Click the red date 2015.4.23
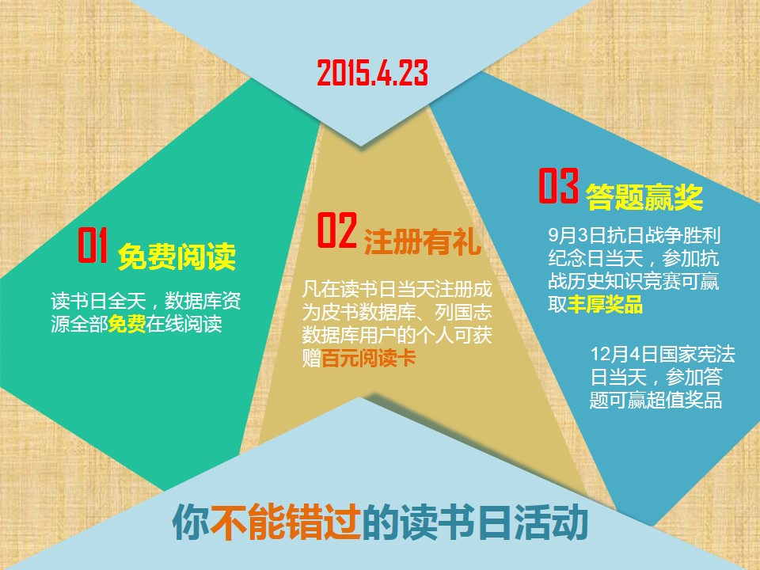tap(373, 73)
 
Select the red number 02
tap(337, 230)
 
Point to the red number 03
tap(558, 185)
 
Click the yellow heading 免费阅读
tap(177, 256)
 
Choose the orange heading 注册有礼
tap(422, 241)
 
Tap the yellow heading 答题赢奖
tap(644, 197)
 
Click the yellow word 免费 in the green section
tap(127, 324)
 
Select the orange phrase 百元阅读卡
tap(368, 359)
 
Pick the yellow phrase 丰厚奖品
tap(605, 304)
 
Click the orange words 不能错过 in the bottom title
tap(286, 522)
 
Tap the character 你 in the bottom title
tap(192, 522)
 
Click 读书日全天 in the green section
tap(98, 301)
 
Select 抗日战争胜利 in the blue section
tap(663, 235)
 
